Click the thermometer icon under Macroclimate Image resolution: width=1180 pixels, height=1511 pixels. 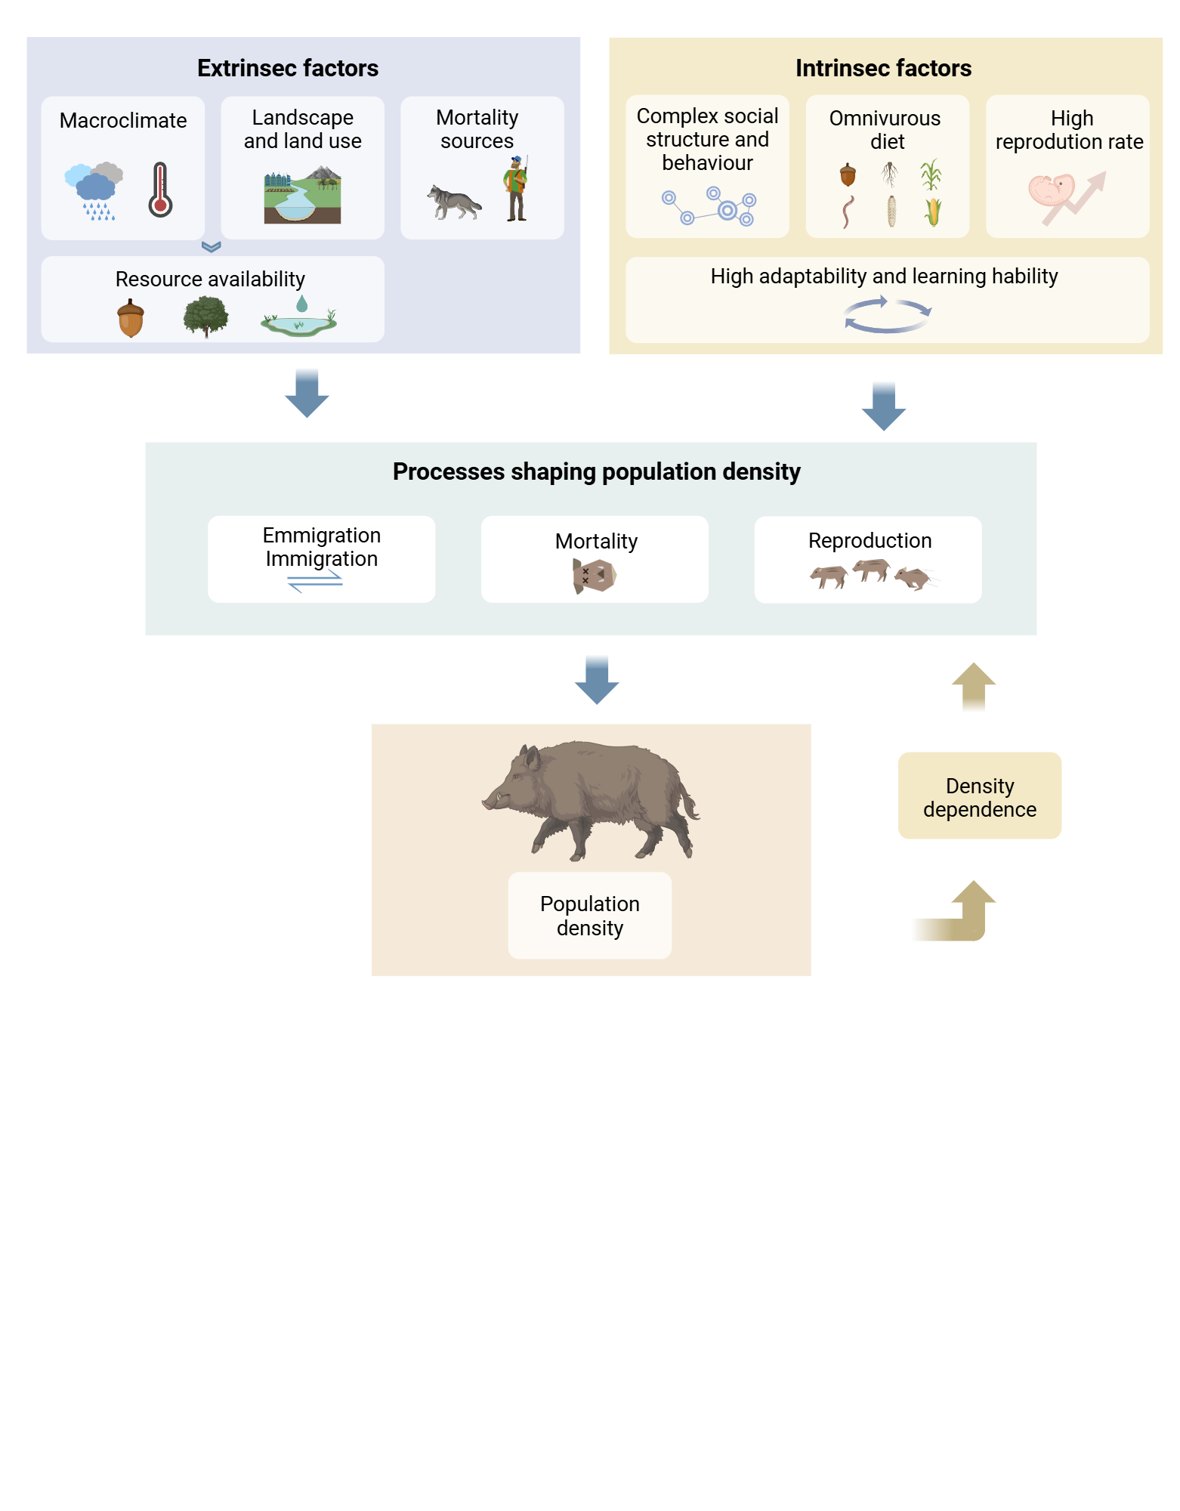point(160,190)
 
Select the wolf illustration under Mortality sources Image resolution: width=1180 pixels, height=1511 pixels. point(453,202)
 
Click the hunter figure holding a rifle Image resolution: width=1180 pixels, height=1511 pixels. point(516,189)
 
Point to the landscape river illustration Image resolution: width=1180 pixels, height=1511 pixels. point(302,196)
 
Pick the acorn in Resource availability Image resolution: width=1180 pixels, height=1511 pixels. point(131,318)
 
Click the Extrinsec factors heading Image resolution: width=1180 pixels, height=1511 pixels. point(288,68)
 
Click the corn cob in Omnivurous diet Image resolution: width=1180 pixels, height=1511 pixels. point(933,212)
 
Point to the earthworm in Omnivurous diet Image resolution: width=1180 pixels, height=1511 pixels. point(848,212)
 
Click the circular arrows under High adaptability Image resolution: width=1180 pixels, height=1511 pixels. point(888,315)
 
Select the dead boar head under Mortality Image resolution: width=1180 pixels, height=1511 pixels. point(595,576)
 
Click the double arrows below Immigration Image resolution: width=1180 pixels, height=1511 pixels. point(315,581)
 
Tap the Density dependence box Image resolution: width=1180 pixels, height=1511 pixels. point(979,796)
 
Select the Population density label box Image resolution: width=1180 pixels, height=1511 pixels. point(589,916)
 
